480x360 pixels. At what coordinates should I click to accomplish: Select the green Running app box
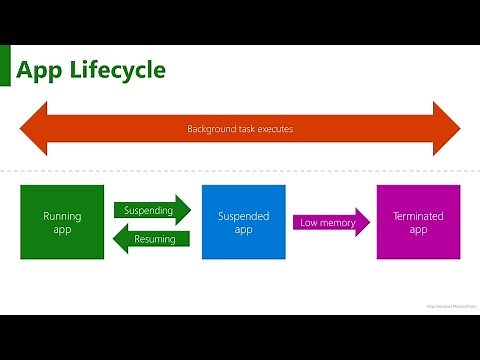tap(62, 222)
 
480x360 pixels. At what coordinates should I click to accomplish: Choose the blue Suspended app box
tap(237, 222)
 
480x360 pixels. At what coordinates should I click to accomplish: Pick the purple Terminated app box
tap(418, 222)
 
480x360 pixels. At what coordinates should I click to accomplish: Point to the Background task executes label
tap(239, 129)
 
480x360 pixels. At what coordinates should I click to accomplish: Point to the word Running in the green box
tap(62, 215)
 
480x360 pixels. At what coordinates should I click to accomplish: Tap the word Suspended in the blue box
tap(237, 215)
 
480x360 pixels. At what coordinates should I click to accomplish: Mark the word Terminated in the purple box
tap(418, 215)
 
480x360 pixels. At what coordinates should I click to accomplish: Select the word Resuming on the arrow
tap(156, 239)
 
